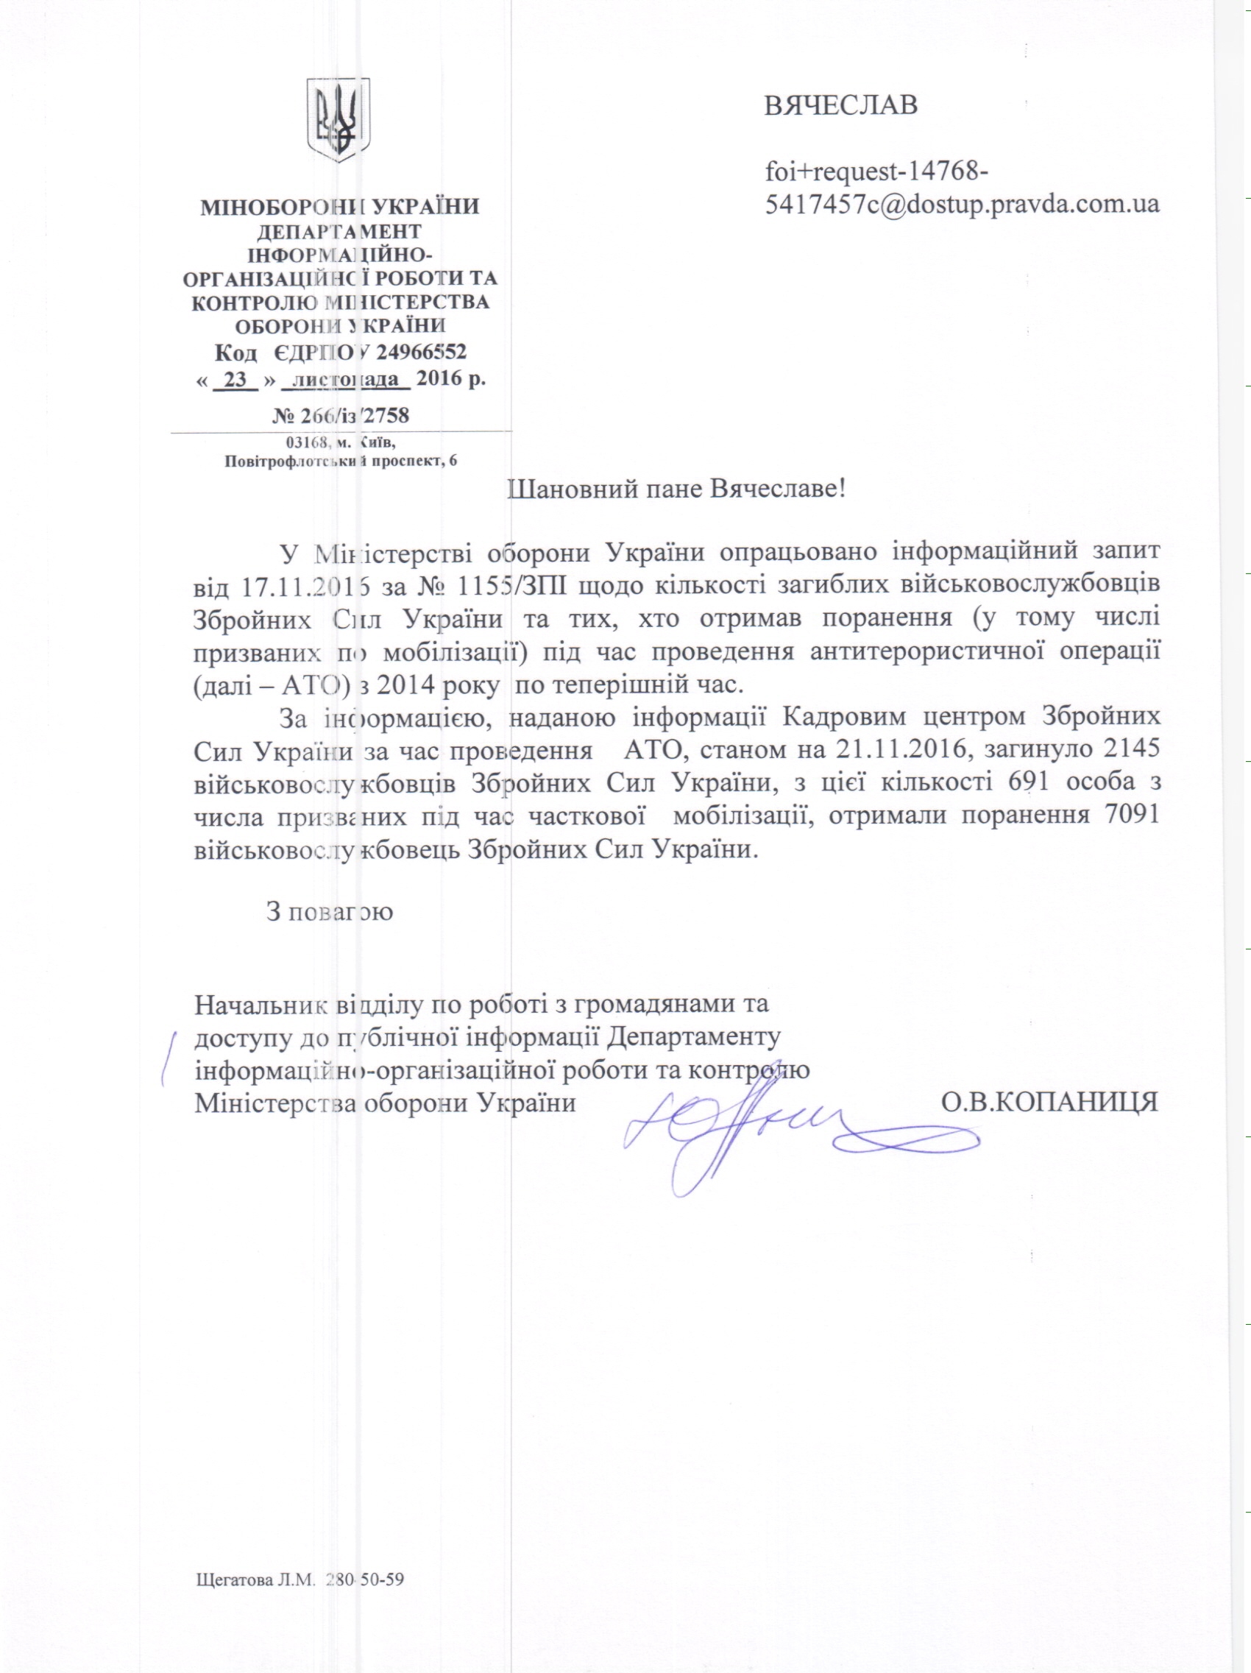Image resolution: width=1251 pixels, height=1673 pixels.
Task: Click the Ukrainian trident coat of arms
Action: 337,119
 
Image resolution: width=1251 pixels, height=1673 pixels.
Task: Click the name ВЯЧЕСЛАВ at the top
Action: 841,105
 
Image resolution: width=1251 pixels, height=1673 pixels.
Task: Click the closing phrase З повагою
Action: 329,910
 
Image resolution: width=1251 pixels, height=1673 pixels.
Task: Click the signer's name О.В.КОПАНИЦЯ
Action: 1049,1101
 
